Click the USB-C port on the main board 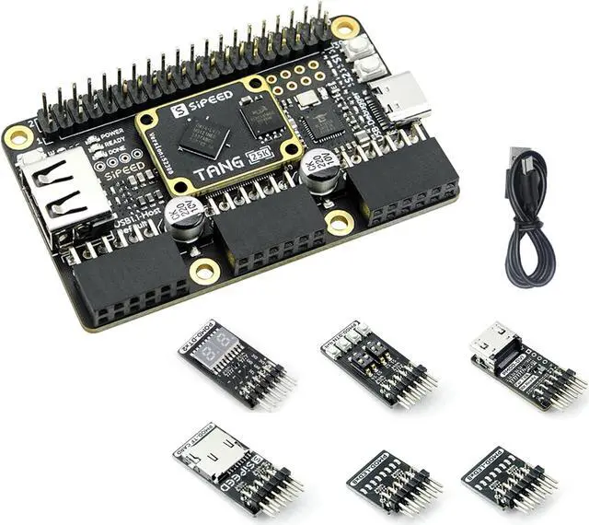point(401,96)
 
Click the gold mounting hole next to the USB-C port point(345,27)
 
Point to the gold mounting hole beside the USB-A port point(18,137)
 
